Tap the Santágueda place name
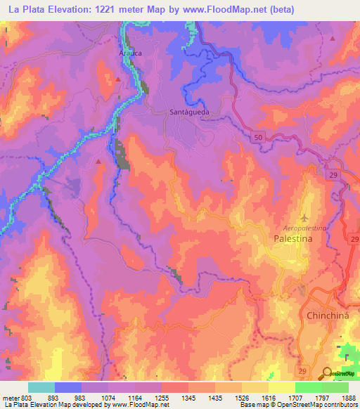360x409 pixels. click(x=190, y=111)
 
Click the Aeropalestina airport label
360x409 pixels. click(x=304, y=229)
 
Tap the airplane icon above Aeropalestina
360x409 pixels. click(x=304, y=217)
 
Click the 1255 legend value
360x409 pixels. click(x=162, y=398)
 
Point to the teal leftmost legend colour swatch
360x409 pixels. click(x=41, y=387)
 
